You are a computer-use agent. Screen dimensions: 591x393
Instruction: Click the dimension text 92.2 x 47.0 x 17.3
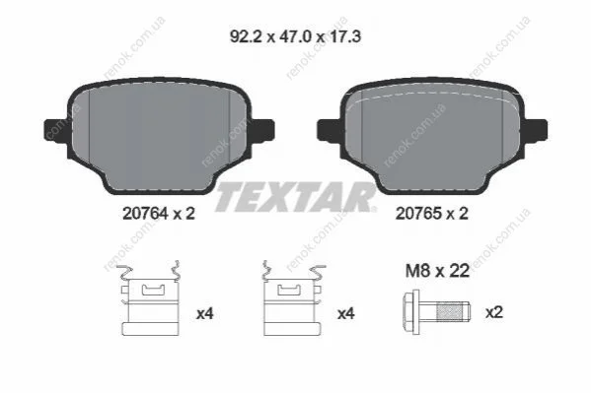click(x=295, y=36)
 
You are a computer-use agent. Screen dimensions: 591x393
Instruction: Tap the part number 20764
click(x=145, y=214)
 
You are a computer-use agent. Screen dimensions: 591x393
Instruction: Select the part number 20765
click(x=418, y=214)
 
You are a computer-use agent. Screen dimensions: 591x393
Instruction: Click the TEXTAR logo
click(x=295, y=197)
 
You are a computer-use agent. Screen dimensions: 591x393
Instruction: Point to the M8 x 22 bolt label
click(x=437, y=271)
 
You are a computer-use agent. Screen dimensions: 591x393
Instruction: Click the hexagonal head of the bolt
click(x=411, y=311)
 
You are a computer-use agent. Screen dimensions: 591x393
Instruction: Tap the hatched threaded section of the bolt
click(x=449, y=312)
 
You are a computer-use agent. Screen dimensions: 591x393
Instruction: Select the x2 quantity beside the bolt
click(x=494, y=312)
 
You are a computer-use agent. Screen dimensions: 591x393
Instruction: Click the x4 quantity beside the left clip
click(x=204, y=313)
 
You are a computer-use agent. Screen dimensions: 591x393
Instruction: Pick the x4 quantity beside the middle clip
click(x=345, y=313)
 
